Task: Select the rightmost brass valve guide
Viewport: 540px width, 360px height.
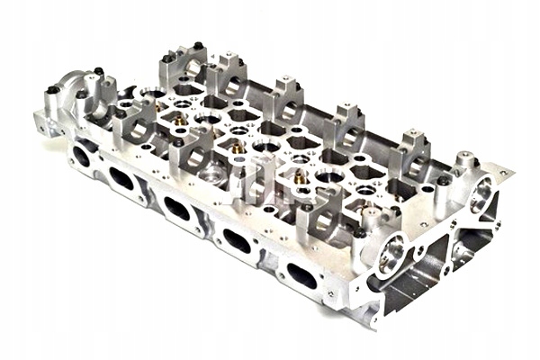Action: click(x=301, y=178)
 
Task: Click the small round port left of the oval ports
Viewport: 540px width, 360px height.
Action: click(x=81, y=155)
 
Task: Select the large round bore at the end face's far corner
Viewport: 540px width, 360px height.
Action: click(x=483, y=191)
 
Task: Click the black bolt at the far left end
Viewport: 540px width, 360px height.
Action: click(x=52, y=90)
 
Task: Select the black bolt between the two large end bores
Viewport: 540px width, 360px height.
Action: click(x=444, y=180)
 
